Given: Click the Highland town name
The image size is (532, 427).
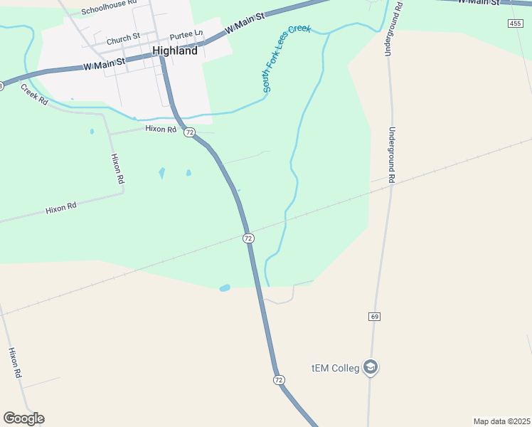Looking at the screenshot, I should [175, 51].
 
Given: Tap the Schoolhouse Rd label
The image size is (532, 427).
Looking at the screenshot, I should [108, 8].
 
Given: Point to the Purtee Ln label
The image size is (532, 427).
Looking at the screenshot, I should [186, 33].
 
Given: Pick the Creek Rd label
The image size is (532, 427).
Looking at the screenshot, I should [33, 95].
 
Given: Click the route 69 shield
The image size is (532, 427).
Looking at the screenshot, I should [375, 316].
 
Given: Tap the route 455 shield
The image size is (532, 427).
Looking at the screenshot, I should [516, 23].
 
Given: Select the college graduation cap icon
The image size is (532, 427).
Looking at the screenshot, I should [370, 367].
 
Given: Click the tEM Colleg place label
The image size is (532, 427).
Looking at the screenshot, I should [335, 368].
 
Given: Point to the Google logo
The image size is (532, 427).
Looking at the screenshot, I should [23, 418].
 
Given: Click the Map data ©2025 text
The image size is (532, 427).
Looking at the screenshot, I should [501, 421].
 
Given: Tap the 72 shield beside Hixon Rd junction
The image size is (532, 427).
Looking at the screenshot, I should [189, 132].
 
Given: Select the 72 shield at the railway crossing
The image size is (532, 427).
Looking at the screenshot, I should [248, 238].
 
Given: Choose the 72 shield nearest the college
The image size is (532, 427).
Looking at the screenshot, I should [279, 380].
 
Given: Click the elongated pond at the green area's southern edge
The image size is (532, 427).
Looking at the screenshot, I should [225, 288].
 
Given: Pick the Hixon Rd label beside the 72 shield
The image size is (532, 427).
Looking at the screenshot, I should [160, 129].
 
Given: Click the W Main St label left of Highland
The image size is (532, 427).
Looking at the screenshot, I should [104, 65].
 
